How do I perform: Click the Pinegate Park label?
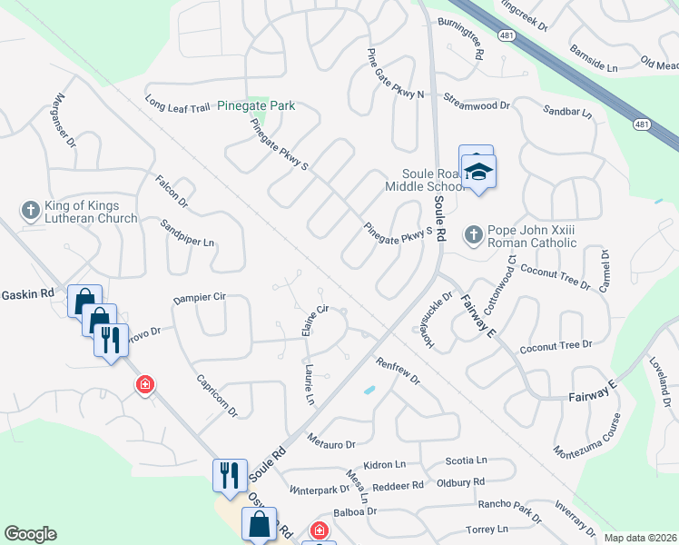coord(256,106)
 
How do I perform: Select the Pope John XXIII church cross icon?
coord(473,235)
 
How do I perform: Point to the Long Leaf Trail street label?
coord(178,106)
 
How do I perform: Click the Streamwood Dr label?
coord(477,105)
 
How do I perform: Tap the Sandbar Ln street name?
coord(566,114)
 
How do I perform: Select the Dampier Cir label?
coord(199,297)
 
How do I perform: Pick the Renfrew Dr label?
coord(398,371)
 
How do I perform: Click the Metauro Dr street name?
coord(330,442)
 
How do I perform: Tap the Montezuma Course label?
coord(588,434)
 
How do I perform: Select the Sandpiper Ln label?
coord(188,235)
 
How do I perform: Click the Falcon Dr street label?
coord(171,190)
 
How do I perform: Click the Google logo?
coord(30,534)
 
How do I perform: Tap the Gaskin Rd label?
coord(27,293)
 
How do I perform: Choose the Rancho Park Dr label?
coord(508,512)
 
